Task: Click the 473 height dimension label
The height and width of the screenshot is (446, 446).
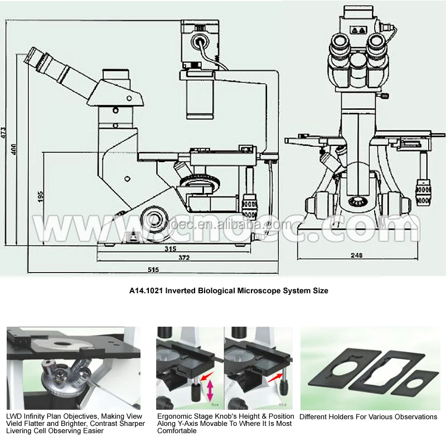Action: pos(4,132)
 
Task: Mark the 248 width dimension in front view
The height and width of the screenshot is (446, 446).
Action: pos(357,255)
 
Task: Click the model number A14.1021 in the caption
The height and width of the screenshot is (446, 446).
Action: pos(146,290)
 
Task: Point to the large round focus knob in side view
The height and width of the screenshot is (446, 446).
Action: pos(154,216)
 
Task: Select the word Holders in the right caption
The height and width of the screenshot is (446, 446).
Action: pos(345,416)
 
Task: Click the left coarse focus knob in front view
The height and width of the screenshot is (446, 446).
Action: pos(322,204)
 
